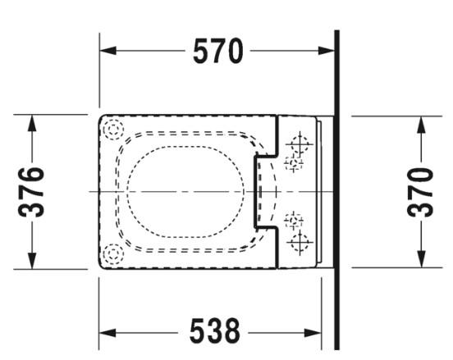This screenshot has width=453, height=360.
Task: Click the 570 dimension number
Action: (x=218, y=52)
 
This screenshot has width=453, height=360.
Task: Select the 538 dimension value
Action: (x=215, y=332)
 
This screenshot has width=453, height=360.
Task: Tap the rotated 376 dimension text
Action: (x=32, y=191)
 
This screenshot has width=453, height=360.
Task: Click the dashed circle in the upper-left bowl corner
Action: (x=112, y=128)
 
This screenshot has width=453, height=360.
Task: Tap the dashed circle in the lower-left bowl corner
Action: (x=112, y=254)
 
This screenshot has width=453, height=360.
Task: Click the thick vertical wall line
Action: (x=336, y=189)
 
